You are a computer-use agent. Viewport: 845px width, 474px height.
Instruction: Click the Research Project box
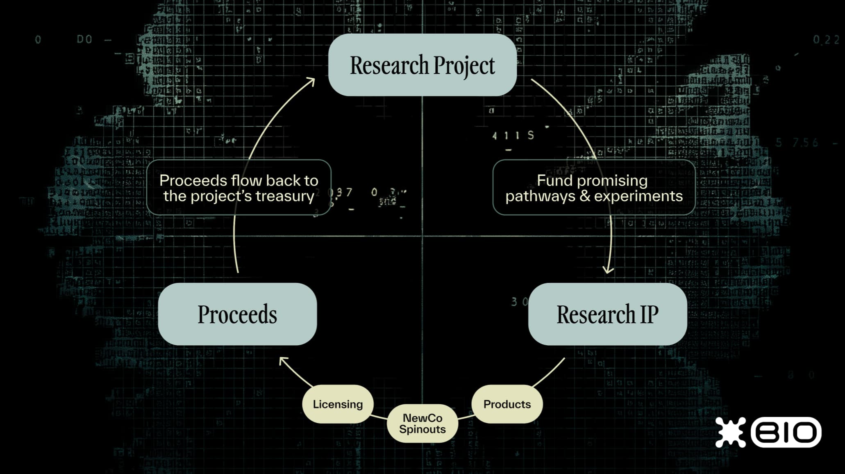pos(422,65)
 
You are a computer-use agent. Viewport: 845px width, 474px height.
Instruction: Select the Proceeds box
pos(237,314)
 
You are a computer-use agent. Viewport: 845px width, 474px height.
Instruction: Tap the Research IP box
pos(607,314)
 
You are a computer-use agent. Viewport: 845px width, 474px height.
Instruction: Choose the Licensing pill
pos(338,404)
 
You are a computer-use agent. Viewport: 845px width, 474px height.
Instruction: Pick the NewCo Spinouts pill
pos(422,424)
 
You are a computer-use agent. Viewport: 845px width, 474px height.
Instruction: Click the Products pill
pos(507,404)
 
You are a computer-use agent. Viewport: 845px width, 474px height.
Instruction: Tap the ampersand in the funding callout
pos(585,196)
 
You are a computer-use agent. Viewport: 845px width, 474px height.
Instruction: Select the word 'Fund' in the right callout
pos(551,180)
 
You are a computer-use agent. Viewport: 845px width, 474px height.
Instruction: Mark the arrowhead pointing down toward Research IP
pos(608,270)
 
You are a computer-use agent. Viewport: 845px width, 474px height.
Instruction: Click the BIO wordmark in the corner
pos(786,432)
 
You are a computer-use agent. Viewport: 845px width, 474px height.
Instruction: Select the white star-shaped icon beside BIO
pos(731,432)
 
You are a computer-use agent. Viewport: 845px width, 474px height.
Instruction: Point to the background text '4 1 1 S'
pos(513,136)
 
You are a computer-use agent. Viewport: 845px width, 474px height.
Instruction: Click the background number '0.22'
pos(826,40)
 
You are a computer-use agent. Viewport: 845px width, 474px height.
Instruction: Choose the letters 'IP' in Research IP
pos(649,314)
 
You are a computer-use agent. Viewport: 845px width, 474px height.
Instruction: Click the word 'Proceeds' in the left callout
pos(193,180)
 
